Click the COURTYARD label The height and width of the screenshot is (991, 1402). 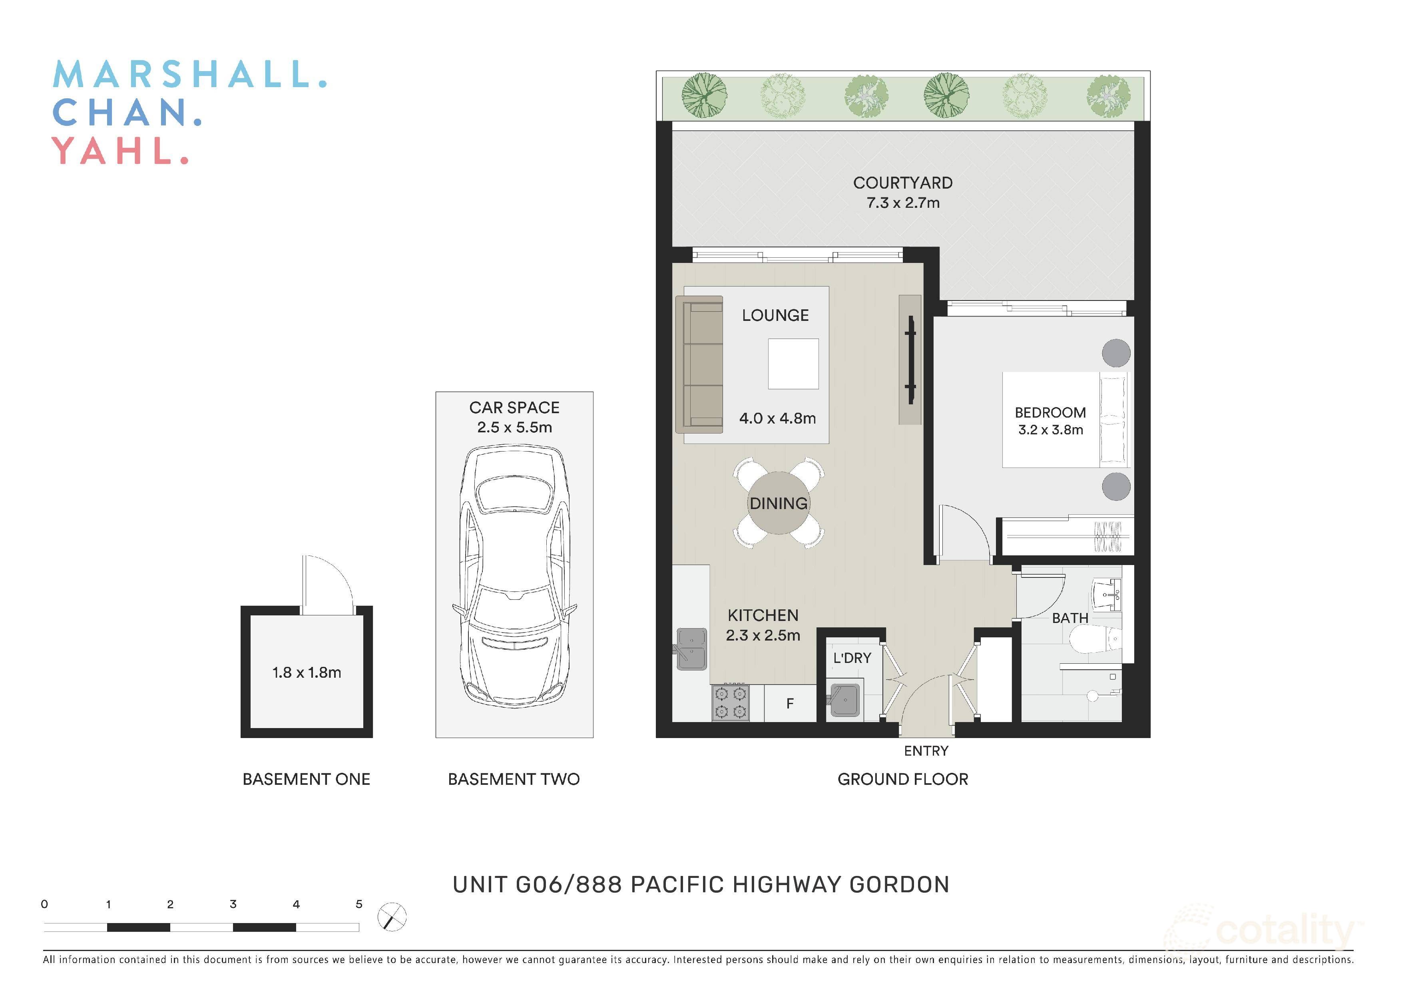(902, 183)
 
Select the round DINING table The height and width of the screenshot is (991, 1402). (779, 503)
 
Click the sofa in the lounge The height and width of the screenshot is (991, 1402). (700, 364)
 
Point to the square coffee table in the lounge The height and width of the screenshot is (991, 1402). (793, 364)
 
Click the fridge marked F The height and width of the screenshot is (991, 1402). (790, 703)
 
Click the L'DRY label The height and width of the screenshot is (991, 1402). (852, 658)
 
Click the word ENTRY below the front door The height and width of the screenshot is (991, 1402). (926, 751)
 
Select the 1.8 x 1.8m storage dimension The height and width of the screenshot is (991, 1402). (307, 672)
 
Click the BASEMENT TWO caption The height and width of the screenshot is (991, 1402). (514, 779)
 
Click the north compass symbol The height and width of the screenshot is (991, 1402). (392, 917)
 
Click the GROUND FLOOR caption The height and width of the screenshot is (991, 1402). (902, 779)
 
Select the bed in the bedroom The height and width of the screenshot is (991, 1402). (1065, 420)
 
